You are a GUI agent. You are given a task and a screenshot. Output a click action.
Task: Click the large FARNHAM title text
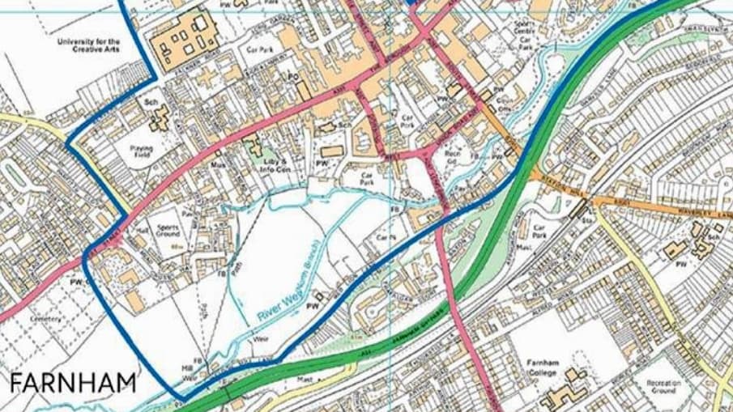click(74, 382)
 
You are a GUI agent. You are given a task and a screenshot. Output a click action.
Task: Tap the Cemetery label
click(46, 319)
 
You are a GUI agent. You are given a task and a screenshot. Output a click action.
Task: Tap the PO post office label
click(295, 78)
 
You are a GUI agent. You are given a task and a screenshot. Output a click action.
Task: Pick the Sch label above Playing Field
click(149, 104)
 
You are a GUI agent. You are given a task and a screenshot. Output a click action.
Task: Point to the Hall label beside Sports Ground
click(143, 231)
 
